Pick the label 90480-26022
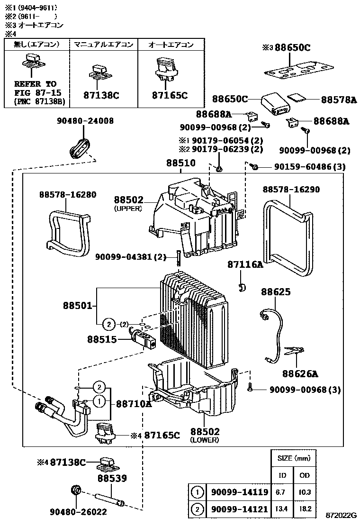(78, 512)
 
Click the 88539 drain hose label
(112, 479)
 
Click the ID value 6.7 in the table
(280, 492)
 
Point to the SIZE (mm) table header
(293, 458)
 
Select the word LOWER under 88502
(205, 440)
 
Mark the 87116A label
(245, 264)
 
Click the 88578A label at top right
(338, 100)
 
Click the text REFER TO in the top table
(35, 84)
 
